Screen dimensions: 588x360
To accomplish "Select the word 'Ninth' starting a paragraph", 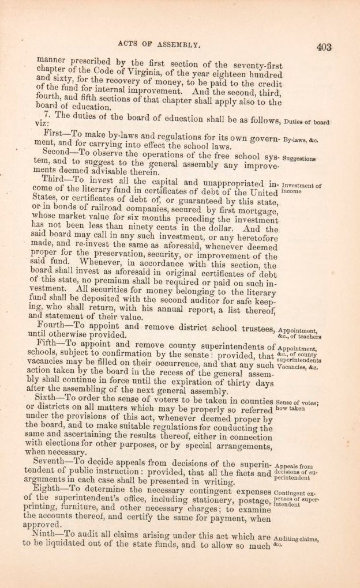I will [x=46, y=534].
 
